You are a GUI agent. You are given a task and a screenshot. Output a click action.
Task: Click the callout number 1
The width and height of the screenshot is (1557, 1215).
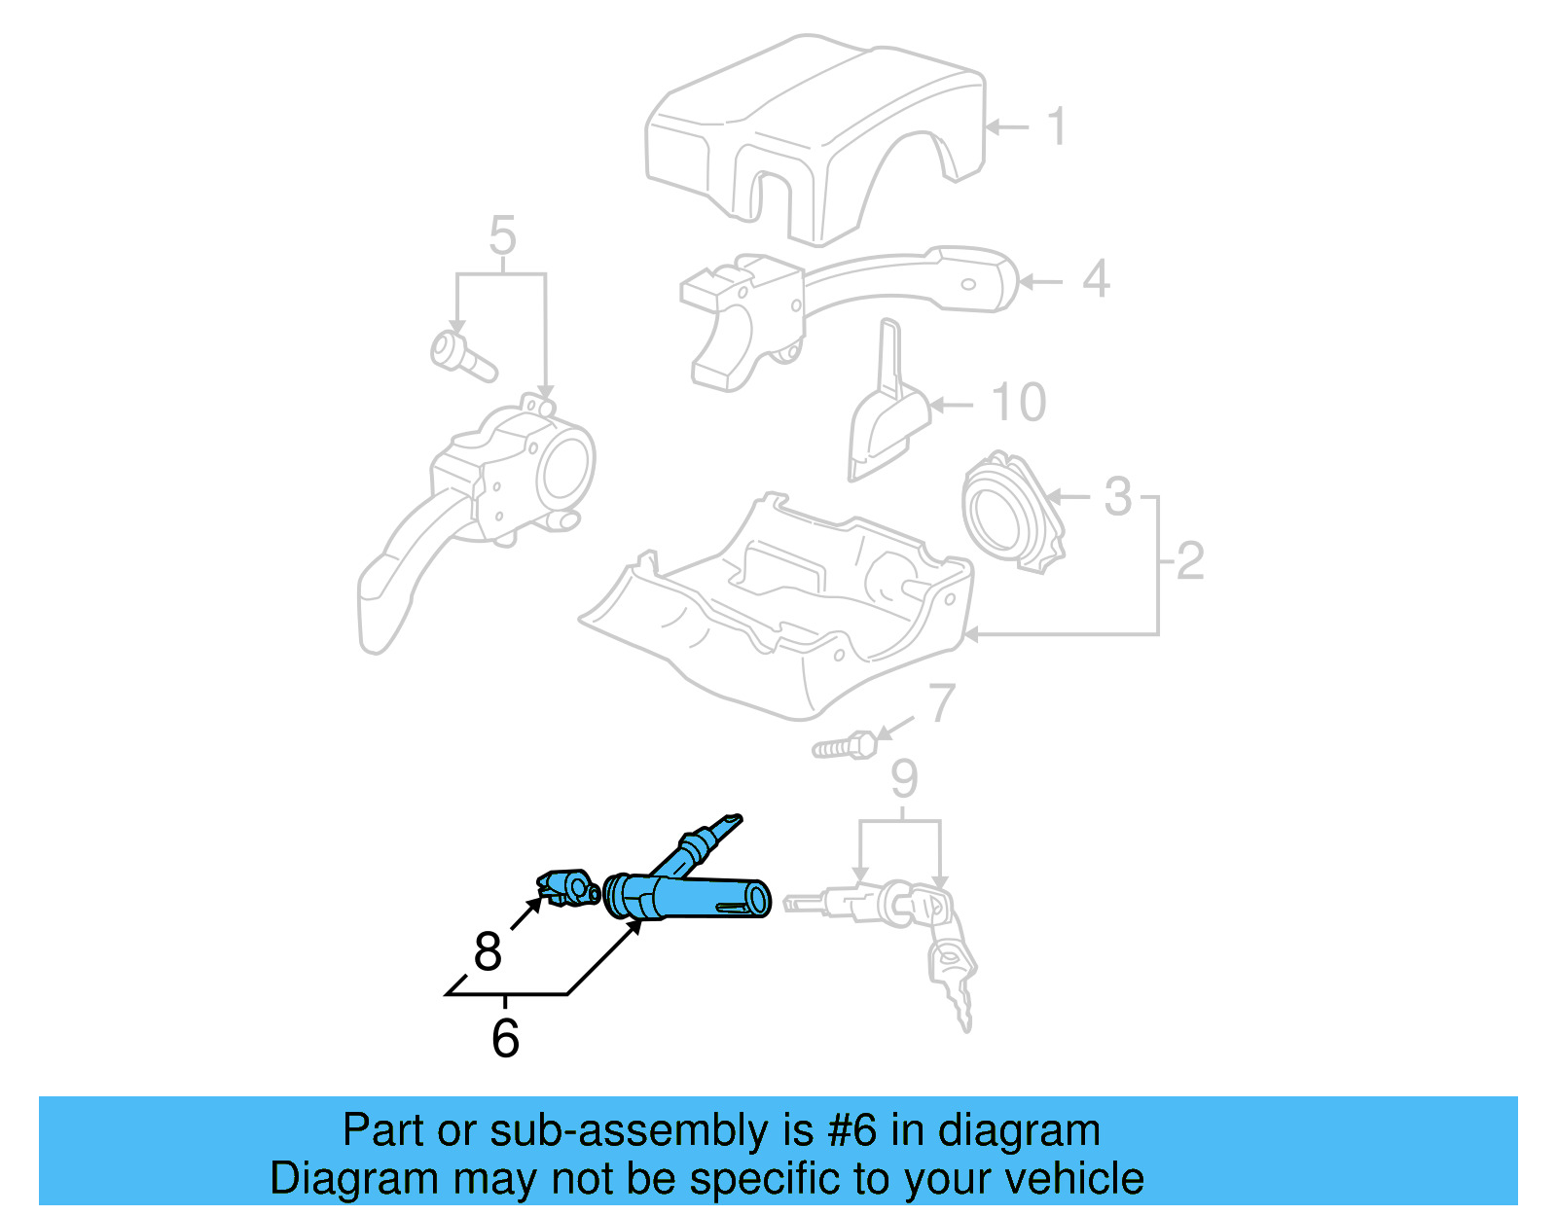[x=1057, y=127]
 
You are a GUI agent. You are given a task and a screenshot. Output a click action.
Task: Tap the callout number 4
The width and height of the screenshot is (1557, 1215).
[x=1096, y=279]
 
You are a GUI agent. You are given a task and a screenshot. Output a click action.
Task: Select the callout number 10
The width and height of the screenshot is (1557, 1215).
[x=1018, y=402]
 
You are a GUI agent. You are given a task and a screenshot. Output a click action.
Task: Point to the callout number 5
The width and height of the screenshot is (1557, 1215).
[x=502, y=235]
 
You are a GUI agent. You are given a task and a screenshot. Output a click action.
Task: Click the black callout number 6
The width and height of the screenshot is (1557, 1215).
[x=505, y=1038]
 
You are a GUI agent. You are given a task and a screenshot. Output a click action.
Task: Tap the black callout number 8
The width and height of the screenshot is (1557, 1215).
[x=488, y=951]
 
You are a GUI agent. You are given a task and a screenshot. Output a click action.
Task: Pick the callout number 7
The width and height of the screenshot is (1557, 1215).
[x=941, y=703]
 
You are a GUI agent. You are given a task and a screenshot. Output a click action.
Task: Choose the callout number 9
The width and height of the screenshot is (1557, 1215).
[x=904, y=779]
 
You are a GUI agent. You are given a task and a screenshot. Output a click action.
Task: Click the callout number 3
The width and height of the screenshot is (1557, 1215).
[x=1118, y=496]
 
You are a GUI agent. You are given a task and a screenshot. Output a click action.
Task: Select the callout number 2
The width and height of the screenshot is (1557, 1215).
[x=1190, y=561]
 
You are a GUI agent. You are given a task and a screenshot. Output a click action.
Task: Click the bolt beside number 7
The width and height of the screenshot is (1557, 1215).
[x=844, y=747]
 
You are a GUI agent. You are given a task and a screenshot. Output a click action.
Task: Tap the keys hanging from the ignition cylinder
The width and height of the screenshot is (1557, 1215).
[x=954, y=973]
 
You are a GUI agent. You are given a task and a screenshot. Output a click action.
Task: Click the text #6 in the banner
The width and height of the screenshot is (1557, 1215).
[x=851, y=1130]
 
